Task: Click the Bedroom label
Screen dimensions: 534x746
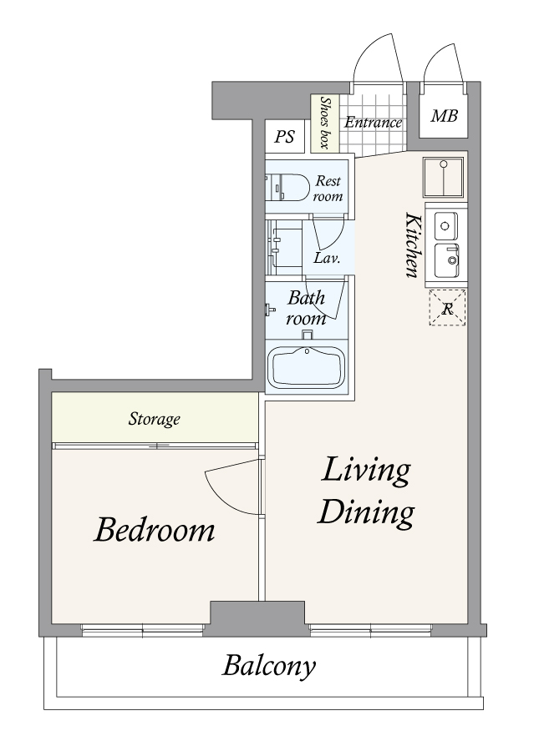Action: (x=155, y=530)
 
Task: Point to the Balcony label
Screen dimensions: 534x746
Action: (x=269, y=667)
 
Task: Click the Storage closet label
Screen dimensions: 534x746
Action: (x=155, y=419)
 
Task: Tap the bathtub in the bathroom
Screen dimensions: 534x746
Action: (x=307, y=367)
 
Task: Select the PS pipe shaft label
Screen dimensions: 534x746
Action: (x=285, y=137)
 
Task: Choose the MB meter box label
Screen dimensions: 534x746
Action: (x=444, y=116)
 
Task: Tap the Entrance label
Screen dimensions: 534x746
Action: (x=374, y=123)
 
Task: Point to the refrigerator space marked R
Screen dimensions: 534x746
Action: (x=447, y=308)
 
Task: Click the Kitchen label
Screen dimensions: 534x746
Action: (x=413, y=244)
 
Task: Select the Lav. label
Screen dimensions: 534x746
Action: (x=327, y=259)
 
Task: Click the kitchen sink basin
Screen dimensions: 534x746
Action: (x=446, y=260)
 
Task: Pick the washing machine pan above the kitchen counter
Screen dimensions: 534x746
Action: (x=444, y=177)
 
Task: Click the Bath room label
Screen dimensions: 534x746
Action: (x=307, y=308)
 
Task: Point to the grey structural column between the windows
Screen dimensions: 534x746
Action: (x=257, y=618)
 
